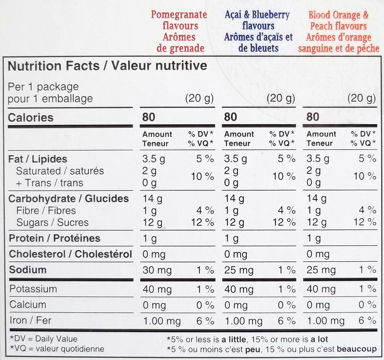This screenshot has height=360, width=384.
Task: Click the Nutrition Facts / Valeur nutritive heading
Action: pyautogui.click(x=107, y=66)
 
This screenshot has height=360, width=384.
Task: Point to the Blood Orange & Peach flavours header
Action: pyautogui.click(x=338, y=31)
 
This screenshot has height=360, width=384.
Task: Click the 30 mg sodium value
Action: pyautogui.click(x=157, y=270)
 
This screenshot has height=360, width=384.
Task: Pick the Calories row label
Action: pyautogui.click(x=31, y=118)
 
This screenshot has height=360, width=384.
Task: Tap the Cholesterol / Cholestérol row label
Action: pyautogui.click(x=70, y=254)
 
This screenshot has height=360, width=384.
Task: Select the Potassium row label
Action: pyautogui.click(x=33, y=289)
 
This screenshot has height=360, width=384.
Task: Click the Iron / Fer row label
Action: pyautogui.click(x=30, y=320)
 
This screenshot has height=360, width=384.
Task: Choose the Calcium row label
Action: pyautogui.click(x=28, y=304)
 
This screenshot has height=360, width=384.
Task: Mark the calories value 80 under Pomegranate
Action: pyautogui.click(x=148, y=117)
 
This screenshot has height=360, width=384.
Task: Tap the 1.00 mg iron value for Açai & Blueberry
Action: pyautogui.click(x=243, y=321)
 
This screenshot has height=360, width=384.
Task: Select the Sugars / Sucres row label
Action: pyautogui.click(x=52, y=223)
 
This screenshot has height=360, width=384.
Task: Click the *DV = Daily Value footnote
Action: pyautogui.click(x=44, y=339)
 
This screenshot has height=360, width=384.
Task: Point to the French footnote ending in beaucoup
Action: pyautogui.click(x=271, y=349)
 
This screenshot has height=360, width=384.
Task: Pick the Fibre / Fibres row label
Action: pyautogui.click(x=46, y=211)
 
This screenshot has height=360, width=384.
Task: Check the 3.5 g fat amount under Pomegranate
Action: pyautogui.click(x=153, y=159)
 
